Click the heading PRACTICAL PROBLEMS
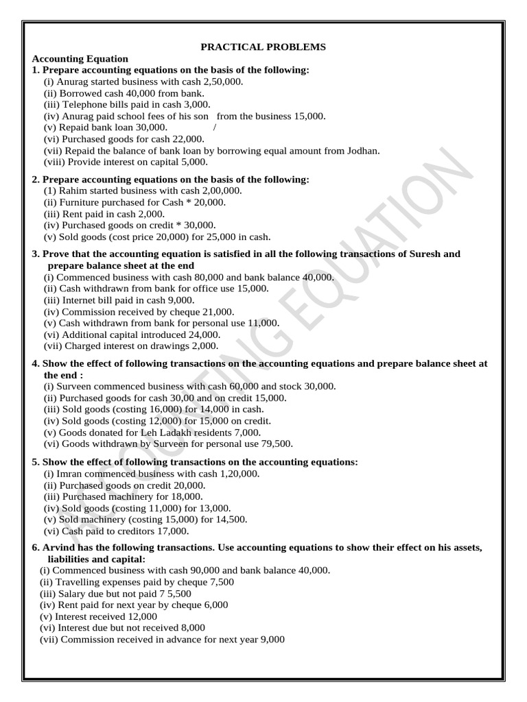tap(263, 47)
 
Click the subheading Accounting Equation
tap(80, 59)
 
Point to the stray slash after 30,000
tap(215, 128)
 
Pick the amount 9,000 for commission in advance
tap(270, 640)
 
